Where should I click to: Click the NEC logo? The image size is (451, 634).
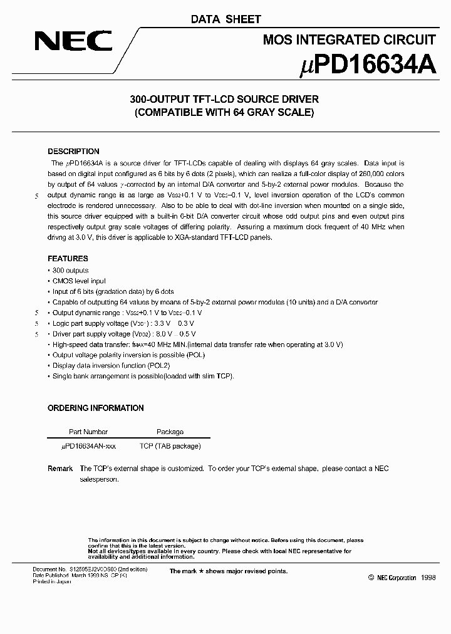point(73,42)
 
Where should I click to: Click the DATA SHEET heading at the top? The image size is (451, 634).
point(225,19)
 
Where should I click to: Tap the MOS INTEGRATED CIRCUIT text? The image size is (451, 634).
point(349,40)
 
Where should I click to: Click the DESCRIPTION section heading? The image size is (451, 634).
point(73,152)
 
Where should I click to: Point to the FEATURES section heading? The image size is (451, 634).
point(68,259)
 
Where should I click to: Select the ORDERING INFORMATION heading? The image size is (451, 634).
point(95,408)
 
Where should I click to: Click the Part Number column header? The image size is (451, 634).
point(88,432)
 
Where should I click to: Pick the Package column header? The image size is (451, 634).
point(170,432)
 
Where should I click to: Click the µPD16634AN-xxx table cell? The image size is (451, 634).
point(88,446)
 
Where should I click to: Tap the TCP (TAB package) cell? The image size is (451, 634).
point(170,446)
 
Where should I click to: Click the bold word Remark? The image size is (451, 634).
point(60,469)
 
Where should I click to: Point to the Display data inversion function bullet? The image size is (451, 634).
point(111,365)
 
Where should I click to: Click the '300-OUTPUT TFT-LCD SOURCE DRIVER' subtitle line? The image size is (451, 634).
point(224,99)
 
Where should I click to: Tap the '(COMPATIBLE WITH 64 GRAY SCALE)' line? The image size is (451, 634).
point(224,113)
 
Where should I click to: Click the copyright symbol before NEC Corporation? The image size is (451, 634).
point(371,578)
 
